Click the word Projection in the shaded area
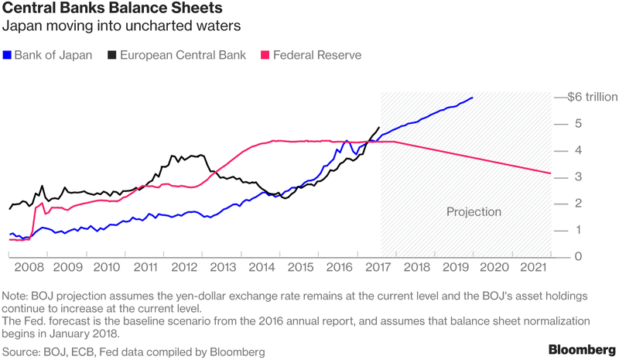474,211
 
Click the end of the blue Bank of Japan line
472,98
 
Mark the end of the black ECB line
379,128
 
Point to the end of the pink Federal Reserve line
550,173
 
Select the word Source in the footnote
22,351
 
